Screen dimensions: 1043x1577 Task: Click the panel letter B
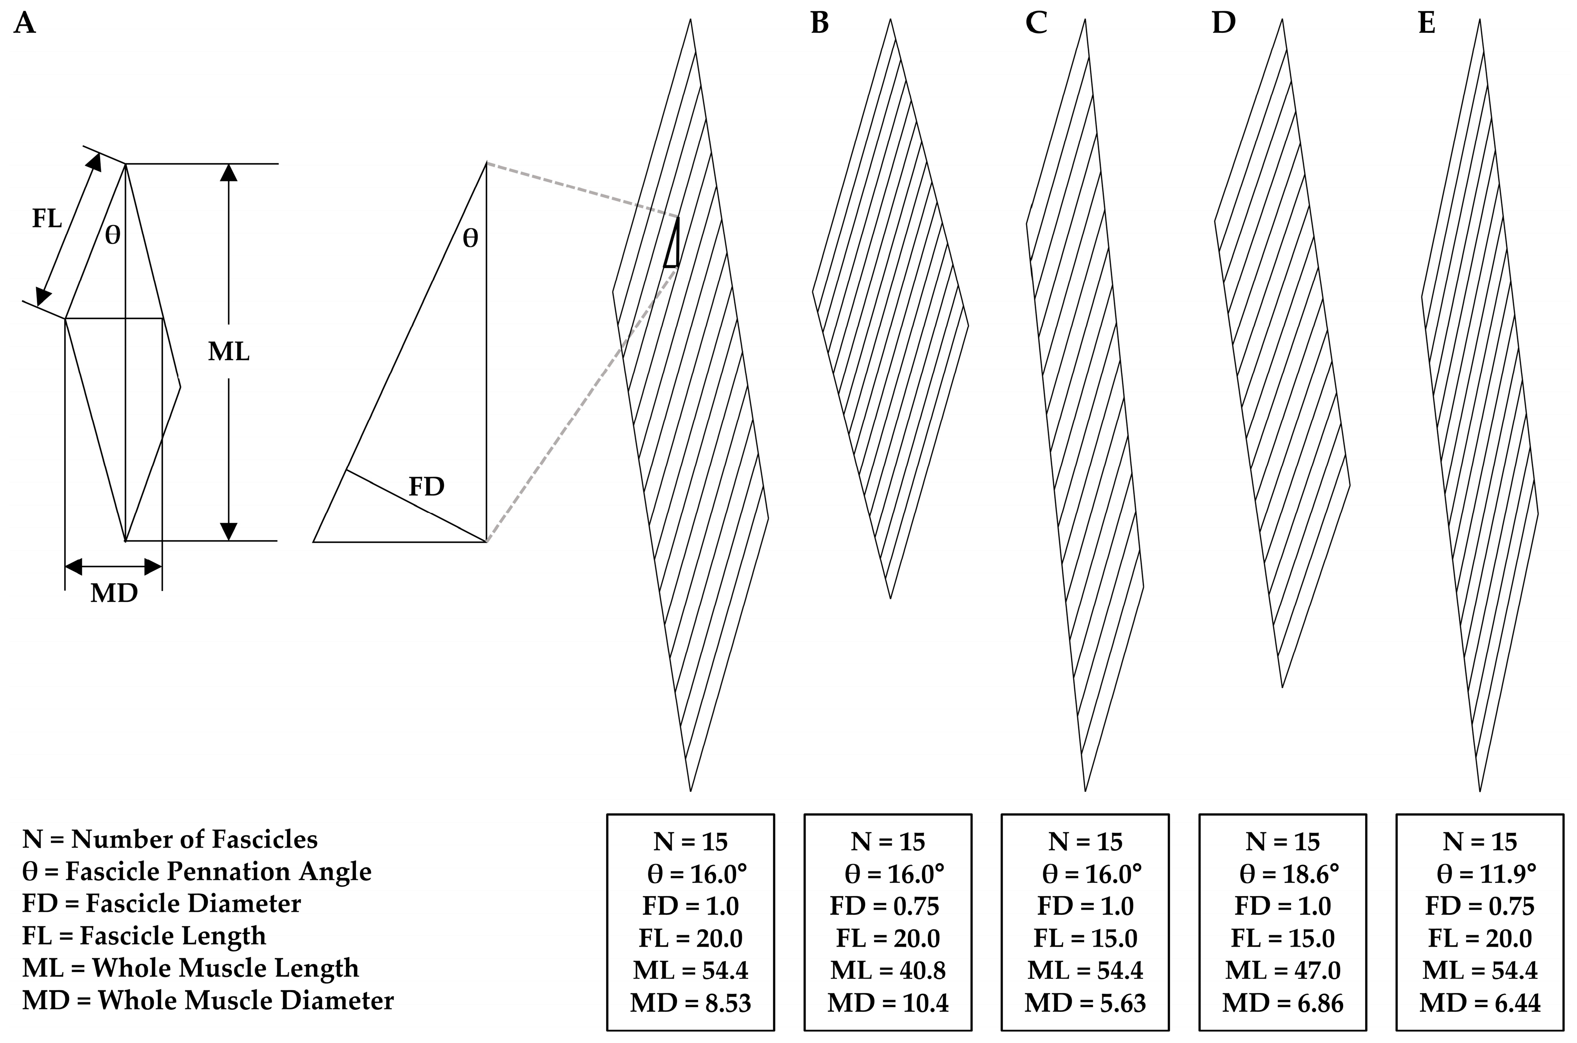point(820,23)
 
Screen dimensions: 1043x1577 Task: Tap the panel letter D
point(1223,23)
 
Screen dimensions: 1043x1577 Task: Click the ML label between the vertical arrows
point(229,352)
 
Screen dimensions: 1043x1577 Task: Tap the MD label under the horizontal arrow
point(113,593)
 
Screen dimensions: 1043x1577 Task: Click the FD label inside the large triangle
point(426,487)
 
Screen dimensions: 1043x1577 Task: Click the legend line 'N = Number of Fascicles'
point(170,840)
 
